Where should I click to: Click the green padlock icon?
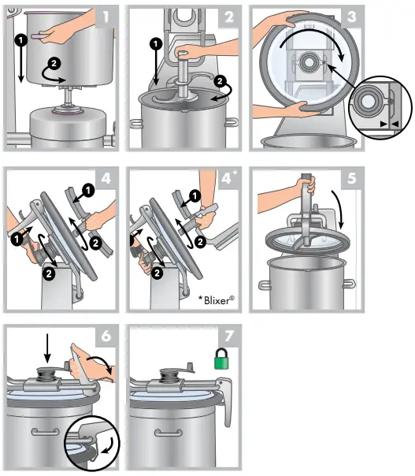[x=221, y=359]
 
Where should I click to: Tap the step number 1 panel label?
[x=106, y=17]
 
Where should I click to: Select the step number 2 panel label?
[x=228, y=17]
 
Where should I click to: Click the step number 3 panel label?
[x=351, y=17]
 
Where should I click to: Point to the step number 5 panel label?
[x=351, y=178]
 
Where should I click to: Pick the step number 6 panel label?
[x=106, y=336]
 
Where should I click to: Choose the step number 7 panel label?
[x=229, y=336]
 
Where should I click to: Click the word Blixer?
[x=218, y=300]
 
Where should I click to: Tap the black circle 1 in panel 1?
[x=21, y=39]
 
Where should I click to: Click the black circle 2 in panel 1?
[x=54, y=64]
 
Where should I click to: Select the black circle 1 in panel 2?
[x=156, y=44]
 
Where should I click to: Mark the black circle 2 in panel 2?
[x=220, y=81]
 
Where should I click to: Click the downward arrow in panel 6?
[x=47, y=348]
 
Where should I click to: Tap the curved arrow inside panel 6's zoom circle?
[x=109, y=446]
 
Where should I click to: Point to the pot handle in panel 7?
[x=169, y=433]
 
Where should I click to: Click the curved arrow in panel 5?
[x=340, y=210]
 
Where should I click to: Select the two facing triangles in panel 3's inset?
[x=389, y=124]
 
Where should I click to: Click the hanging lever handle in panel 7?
[x=226, y=401]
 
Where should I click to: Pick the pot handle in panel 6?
[x=46, y=432]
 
